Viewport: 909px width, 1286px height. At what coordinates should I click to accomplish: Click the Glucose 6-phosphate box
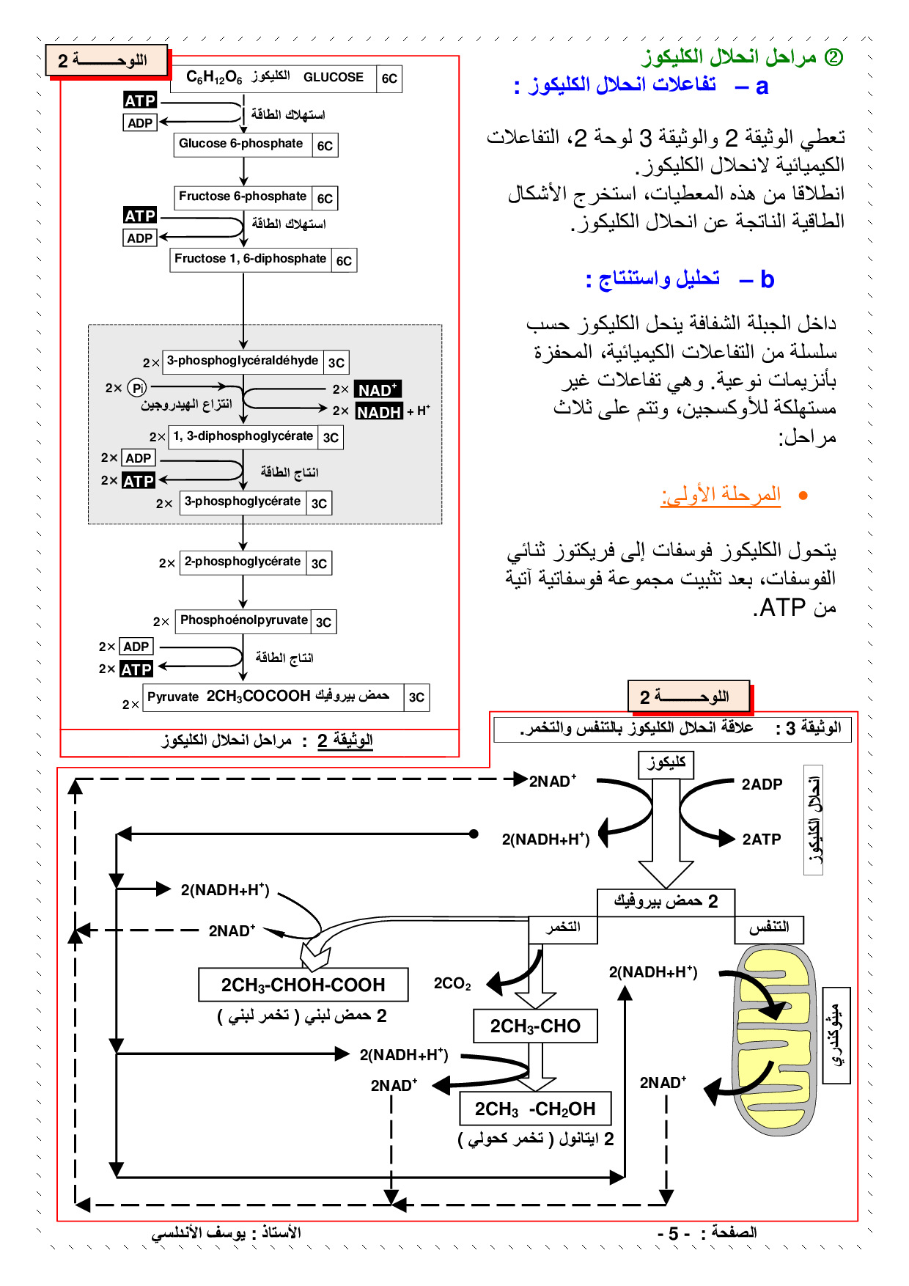coord(241,144)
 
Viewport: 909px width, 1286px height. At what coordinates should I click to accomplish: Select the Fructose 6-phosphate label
coord(243,196)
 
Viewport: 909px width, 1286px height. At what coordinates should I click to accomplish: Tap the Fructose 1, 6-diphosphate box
coord(250,259)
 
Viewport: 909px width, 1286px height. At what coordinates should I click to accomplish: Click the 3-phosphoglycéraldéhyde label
coord(243,361)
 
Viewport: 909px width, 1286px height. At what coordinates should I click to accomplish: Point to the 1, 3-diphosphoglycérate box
coord(243,436)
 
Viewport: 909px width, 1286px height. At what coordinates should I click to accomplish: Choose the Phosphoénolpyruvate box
coord(243,620)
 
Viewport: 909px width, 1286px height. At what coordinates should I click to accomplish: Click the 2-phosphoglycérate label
coord(242,562)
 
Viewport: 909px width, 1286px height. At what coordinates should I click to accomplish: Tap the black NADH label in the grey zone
coord(379,412)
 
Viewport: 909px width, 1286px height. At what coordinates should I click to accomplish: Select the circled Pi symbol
coord(137,388)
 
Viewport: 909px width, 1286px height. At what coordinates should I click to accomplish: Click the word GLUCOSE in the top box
coord(334,78)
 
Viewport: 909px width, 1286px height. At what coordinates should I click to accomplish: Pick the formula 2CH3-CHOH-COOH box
coord(303,985)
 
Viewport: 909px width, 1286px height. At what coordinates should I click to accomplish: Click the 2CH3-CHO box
coord(535,1026)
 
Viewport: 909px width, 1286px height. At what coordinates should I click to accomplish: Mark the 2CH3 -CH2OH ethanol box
coord(535,1109)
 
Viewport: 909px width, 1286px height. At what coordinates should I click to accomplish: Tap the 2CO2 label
coord(452,984)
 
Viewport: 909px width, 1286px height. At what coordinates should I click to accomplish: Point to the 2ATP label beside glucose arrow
coord(762,839)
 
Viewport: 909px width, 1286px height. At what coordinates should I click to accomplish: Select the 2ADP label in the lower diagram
coord(762,785)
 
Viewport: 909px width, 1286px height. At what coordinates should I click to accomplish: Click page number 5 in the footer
coord(673,1234)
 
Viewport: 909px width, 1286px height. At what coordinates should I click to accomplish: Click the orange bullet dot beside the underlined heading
coord(803,496)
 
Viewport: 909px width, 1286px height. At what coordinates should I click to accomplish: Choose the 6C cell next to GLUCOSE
coord(389,78)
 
